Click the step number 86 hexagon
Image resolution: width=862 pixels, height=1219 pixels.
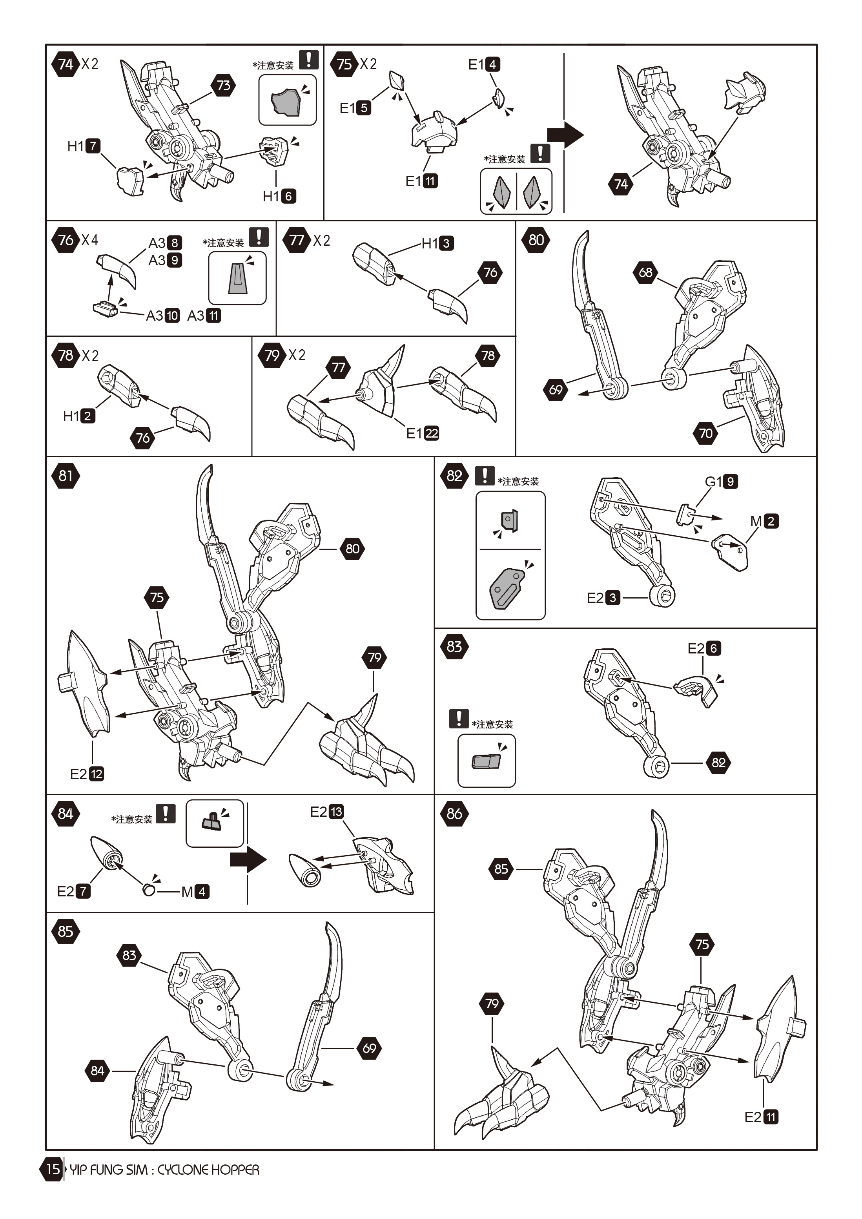click(x=454, y=813)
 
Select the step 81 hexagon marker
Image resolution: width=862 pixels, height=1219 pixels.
click(x=65, y=475)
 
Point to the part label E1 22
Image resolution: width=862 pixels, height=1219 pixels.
click(x=423, y=433)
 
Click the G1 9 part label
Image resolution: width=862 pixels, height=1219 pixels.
click(x=721, y=481)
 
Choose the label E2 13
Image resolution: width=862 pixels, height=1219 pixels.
click(x=326, y=811)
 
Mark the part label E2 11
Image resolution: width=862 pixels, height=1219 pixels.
click(x=761, y=1117)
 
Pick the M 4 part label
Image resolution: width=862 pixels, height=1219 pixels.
click(x=195, y=891)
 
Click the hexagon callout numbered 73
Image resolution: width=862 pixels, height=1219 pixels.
click(x=224, y=85)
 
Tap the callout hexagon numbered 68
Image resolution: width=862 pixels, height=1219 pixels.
click(x=645, y=272)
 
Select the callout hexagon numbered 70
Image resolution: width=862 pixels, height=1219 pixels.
click(x=705, y=433)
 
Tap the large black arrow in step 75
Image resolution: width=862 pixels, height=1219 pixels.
click(x=565, y=135)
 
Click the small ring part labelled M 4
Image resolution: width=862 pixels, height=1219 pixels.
click(x=149, y=890)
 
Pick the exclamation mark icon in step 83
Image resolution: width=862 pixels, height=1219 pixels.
click(x=459, y=718)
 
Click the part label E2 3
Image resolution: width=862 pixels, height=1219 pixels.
click(x=603, y=598)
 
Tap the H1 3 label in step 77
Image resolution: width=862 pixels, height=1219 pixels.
click(x=437, y=243)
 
